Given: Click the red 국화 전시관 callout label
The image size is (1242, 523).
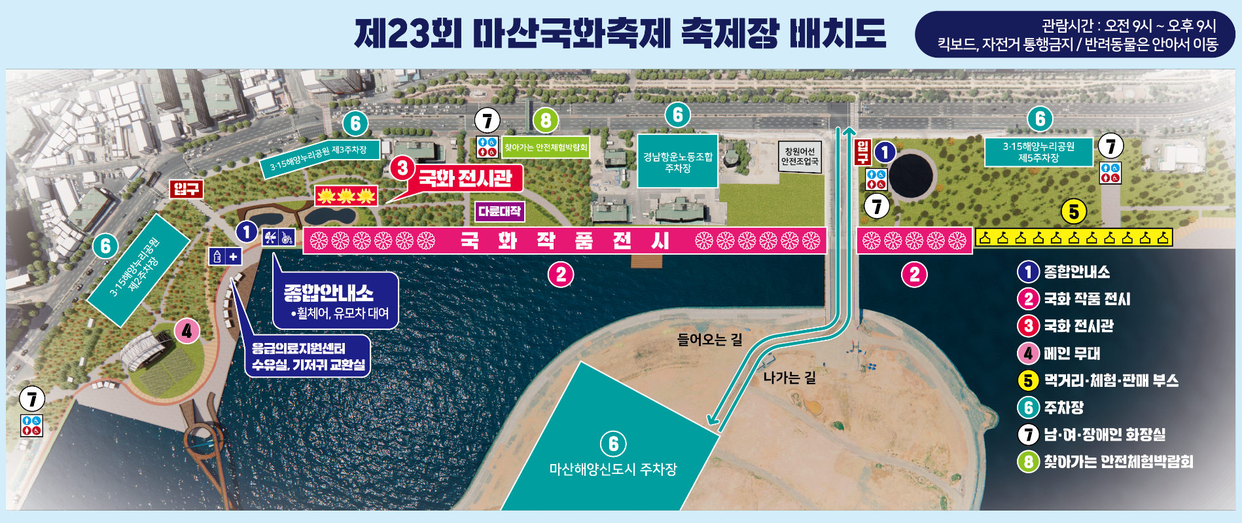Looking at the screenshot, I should pos(465,177).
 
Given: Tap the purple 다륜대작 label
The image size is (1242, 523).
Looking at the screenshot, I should pos(499,211).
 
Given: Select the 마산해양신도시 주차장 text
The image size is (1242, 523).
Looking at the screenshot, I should pos(612,469).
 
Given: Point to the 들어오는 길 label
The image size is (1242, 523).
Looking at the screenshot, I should pos(709,339).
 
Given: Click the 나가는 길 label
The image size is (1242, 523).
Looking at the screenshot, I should pos(789,378).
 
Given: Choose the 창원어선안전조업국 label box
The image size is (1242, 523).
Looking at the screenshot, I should pos(799,156).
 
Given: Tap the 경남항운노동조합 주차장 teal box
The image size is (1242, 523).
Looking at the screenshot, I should pos(677,162).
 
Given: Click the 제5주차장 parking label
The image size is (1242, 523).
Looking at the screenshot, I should pos(1038,152).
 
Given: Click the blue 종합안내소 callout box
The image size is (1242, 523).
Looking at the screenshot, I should pos(335,301).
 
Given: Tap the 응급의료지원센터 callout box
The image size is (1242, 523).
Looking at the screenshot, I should pos(308,356).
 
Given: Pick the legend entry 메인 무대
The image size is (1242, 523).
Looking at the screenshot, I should pos(1071,353).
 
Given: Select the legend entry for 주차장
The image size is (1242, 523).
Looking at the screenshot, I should pos(1063,408).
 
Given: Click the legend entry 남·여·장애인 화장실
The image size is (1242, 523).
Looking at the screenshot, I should pos(1104,435).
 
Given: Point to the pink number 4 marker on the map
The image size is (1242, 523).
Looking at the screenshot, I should pos(187,331).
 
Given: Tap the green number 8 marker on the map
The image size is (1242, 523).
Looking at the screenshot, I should pos(546,120).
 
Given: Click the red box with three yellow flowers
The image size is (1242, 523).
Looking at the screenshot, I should pos(346,195).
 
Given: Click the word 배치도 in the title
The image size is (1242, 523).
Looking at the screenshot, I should pos(838,33).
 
